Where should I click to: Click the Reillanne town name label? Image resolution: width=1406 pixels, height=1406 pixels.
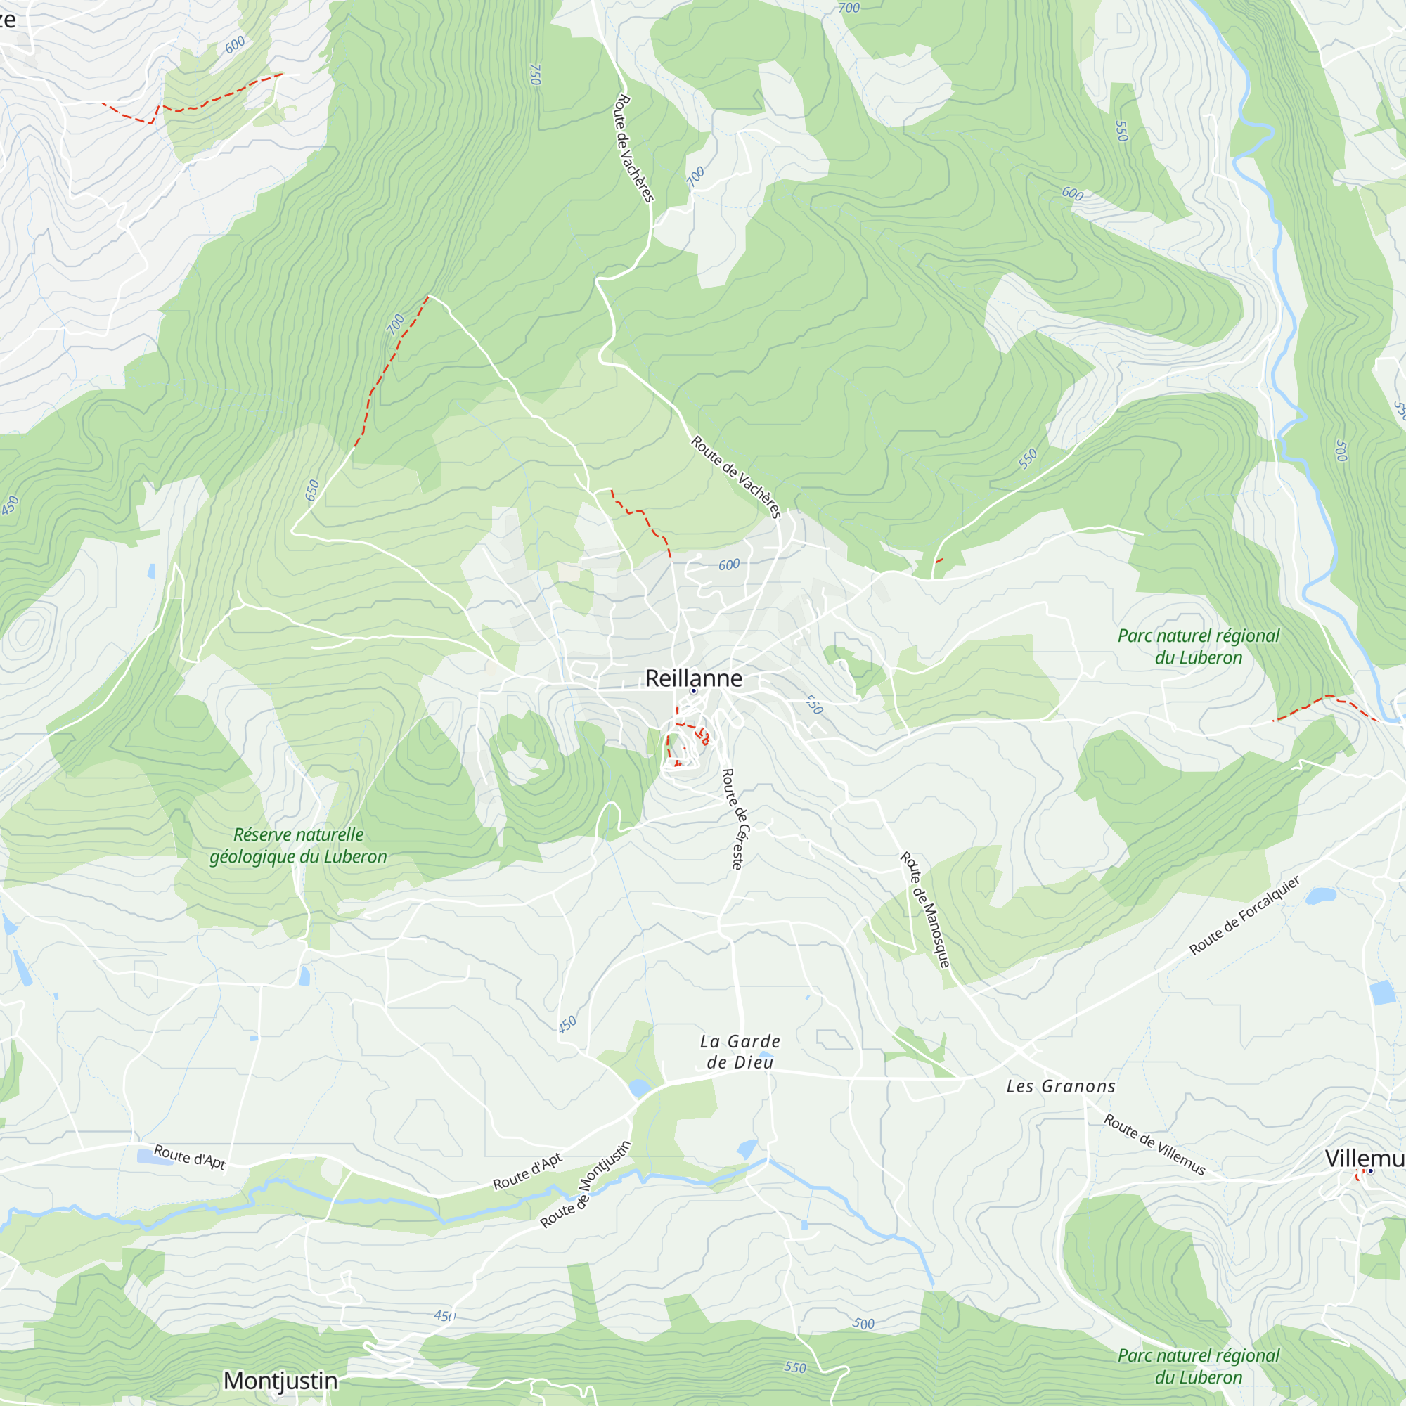click(694, 678)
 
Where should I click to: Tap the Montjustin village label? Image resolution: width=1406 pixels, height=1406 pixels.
click(280, 1381)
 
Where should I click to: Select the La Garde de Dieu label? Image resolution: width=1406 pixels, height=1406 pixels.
click(740, 1052)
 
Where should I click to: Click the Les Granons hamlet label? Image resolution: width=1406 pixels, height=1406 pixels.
click(1060, 1087)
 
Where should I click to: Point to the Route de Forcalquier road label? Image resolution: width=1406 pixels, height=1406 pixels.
click(1244, 916)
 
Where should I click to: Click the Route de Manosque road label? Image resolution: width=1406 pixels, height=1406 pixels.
click(925, 910)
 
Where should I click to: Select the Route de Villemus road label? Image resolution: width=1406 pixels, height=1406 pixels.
click(1154, 1144)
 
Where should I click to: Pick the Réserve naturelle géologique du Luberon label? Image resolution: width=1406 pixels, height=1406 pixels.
click(298, 846)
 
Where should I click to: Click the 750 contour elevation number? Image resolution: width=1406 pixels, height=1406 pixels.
click(536, 75)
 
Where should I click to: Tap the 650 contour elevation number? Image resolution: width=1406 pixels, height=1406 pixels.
click(312, 490)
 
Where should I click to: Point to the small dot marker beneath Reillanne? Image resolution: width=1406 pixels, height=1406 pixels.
click(694, 691)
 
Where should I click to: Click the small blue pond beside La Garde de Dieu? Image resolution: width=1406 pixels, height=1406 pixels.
click(639, 1089)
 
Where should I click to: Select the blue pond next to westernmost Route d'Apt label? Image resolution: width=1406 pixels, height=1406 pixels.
click(154, 1156)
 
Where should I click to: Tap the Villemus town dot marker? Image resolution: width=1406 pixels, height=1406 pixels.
click(1370, 1171)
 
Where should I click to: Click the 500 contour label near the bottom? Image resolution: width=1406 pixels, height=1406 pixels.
click(863, 1324)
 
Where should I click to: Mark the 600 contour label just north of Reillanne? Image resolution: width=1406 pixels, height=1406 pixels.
click(728, 565)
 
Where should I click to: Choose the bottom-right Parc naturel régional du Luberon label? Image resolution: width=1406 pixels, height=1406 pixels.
click(1198, 1366)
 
